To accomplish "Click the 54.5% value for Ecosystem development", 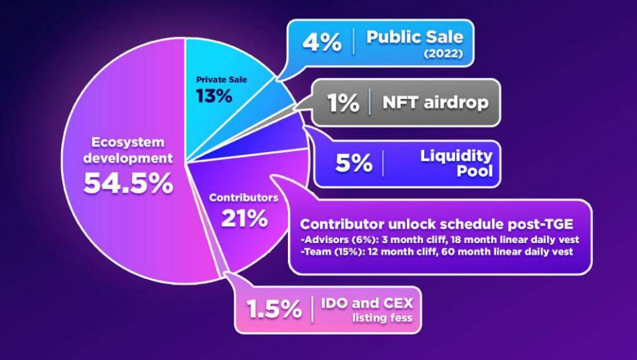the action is (129, 183).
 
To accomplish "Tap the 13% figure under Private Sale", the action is (214, 96).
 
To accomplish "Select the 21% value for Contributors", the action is (244, 219).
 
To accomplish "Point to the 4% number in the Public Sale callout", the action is (322, 42).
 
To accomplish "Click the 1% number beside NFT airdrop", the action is (343, 102).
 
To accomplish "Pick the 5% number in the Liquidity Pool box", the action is (354, 163).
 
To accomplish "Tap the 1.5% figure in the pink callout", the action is (274, 310).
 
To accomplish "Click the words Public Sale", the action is (415, 37).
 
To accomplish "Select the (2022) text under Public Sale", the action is (444, 53).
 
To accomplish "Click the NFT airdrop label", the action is (436, 102).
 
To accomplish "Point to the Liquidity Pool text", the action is (456, 163).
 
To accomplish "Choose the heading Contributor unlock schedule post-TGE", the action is (436, 224).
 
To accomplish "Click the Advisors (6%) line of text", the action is (440, 240).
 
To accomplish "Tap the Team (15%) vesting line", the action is (437, 251).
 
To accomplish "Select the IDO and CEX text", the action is (367, 303).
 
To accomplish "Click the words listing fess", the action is (382, 318).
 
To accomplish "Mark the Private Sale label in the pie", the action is (221, 80).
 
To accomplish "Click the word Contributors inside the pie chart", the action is (244, 198).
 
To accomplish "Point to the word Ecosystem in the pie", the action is (128, 142).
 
